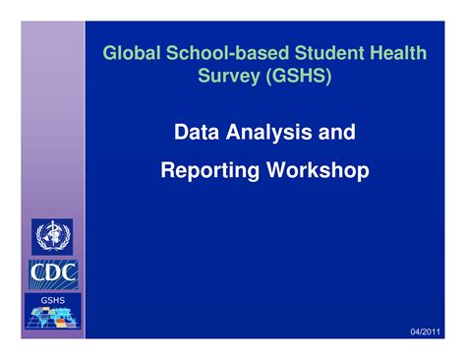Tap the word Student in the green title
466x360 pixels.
click(x=305, y=53)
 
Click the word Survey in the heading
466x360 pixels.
click(x=227, y=77)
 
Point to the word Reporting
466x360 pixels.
click(x=208, y=171)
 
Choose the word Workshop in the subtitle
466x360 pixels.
click(x=316, y=171)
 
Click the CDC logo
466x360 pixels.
click(x=47, y=270)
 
